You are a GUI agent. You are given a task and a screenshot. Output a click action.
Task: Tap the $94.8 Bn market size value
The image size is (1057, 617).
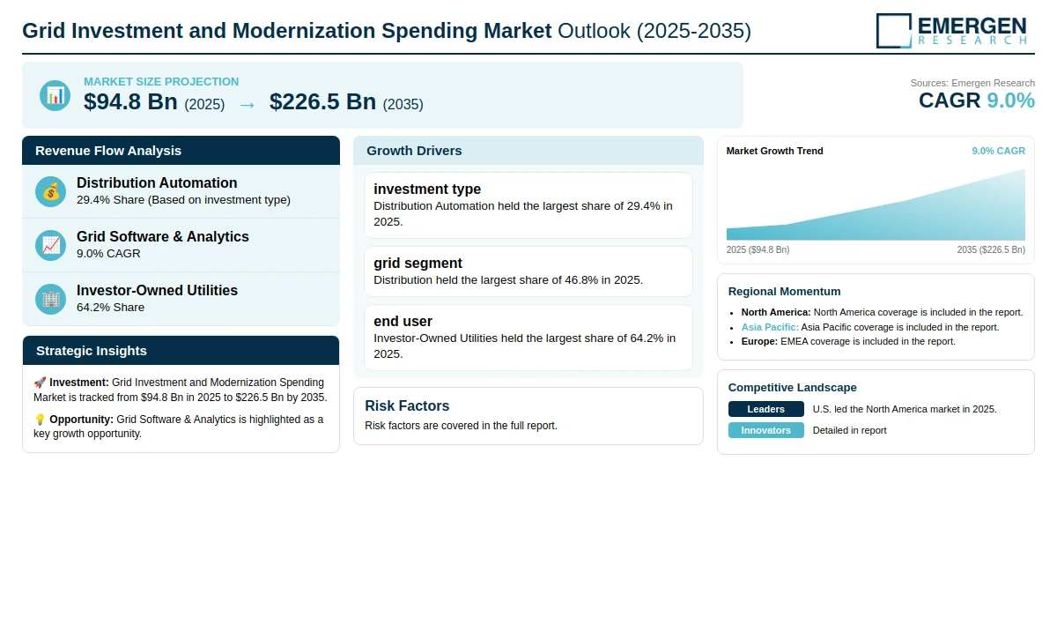pos(130,101)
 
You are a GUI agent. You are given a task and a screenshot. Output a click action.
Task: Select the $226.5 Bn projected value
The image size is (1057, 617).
pos(322,101)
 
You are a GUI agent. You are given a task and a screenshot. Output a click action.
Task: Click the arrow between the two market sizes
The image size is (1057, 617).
pos(248,105)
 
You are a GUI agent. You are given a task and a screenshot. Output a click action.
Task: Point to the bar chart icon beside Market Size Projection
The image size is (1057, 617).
pos(55,95)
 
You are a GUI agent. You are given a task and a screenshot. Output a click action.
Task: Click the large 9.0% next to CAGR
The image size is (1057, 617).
pos(1011,100)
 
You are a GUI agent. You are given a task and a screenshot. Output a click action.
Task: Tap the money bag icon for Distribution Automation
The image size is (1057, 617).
pos(50,191)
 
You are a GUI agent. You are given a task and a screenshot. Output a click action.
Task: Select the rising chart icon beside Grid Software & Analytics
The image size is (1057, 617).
pos(50,246)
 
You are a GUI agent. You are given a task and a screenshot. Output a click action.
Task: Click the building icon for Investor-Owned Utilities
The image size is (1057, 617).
pos(50,300)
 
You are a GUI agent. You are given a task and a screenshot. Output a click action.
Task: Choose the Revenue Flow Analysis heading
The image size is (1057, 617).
pos(108,151)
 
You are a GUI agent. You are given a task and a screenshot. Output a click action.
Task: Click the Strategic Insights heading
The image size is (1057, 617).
pos(92,351)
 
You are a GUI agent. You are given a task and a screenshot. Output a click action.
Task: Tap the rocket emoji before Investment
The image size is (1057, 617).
pos(40,382)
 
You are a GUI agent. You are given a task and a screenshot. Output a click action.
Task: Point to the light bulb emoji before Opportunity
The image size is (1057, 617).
pos(40,420)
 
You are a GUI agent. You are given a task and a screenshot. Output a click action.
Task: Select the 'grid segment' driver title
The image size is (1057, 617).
pos(418,263)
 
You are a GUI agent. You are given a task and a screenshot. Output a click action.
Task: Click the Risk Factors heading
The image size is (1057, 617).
pos(407,405)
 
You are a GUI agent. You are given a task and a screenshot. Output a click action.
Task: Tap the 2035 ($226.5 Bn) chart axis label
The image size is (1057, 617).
pos(991,249)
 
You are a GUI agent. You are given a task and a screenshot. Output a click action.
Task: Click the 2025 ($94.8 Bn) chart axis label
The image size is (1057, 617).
pos(758,249)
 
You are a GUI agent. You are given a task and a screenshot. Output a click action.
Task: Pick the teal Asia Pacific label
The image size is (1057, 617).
pos(770,327)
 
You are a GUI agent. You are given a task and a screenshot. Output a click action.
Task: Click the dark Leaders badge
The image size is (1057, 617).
pos(765,409)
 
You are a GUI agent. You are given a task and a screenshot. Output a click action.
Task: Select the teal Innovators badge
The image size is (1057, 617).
pos(765,430)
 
